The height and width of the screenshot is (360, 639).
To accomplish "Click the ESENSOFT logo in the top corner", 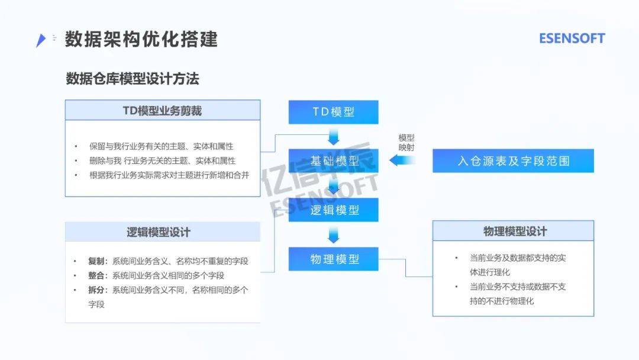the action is coord(572,38).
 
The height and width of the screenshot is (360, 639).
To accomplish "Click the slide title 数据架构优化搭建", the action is coord(141,39).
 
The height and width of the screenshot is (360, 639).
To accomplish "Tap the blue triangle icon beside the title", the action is coord(41,40).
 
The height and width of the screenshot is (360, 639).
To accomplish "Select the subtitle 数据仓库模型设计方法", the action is coord(133,79).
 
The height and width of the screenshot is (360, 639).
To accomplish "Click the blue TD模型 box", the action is coord(333,112).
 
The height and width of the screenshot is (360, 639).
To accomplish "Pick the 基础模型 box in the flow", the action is coord(333,160).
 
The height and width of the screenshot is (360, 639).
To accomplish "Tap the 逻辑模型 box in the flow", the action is coord(333,210).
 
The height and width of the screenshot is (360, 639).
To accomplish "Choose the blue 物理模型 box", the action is coord(333,259).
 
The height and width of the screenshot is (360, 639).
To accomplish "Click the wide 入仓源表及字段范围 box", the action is coord(513,160).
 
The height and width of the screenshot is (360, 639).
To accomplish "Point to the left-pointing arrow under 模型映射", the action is coord(402,160).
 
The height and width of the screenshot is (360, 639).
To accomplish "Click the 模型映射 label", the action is coord(406,143).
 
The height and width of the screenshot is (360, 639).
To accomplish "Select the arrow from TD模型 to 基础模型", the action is coord(333,137).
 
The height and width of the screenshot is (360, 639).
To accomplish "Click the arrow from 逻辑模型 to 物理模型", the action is coord(333,234).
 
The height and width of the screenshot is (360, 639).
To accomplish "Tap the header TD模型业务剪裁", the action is coord(162,111).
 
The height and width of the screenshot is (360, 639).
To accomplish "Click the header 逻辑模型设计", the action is coord(159,232).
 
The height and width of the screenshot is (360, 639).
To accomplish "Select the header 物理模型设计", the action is coord(515,232).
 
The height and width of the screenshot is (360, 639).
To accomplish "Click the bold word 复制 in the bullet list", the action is coord(96,261).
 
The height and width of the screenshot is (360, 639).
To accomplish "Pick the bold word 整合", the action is coord(96,275).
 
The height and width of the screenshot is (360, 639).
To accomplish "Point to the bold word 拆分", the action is coord(96,290).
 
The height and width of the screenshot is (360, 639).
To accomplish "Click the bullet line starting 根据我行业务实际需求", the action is coord(169,175).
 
